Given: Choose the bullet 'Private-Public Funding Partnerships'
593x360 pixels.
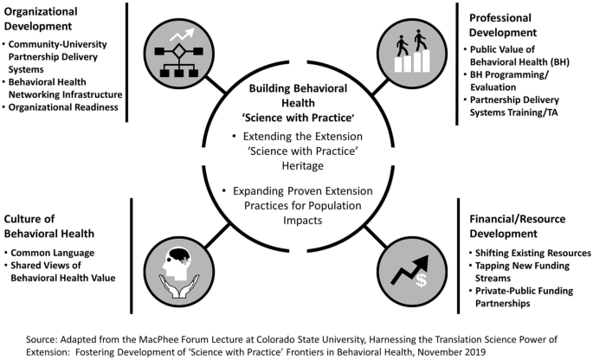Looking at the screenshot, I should coord(522,298).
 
